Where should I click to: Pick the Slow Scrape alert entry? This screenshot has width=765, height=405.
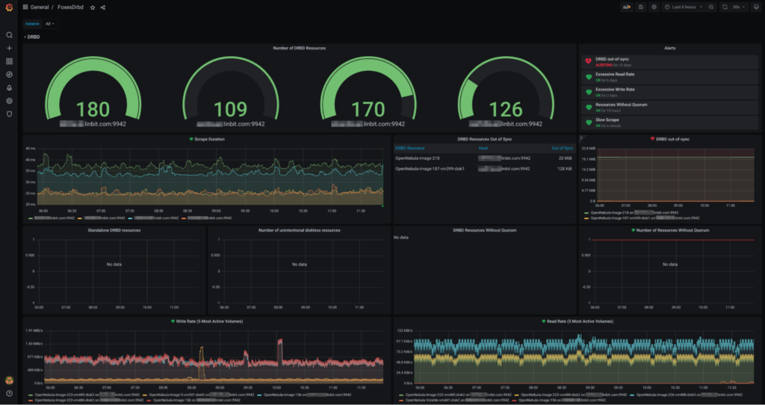pos(607,122)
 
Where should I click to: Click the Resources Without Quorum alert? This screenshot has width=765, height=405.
pos(621,107)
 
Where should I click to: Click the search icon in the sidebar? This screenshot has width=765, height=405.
pos(9,35)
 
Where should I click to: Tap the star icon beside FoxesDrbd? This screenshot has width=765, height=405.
pos(93,7)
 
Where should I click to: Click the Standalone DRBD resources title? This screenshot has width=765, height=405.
pos(114,230)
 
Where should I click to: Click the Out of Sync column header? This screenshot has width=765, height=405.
pos(561,148)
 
